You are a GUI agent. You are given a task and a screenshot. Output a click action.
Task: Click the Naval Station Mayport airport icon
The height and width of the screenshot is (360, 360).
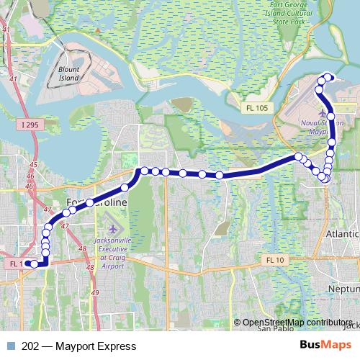tap(318, 113)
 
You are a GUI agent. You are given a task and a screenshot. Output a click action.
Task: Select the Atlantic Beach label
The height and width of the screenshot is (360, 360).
tap(343, 234)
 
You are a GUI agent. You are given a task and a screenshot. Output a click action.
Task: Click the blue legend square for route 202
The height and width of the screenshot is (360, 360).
tap(11, 345)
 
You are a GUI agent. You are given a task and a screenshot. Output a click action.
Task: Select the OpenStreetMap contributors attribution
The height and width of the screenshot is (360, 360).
tap(297, 322)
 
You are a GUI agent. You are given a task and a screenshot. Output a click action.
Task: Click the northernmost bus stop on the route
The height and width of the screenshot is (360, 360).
tap(329, 77)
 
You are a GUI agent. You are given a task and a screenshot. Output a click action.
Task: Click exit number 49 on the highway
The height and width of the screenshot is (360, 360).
tap(96, 293)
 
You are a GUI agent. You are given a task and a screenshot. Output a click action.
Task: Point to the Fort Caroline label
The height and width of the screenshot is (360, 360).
tap(96, 204)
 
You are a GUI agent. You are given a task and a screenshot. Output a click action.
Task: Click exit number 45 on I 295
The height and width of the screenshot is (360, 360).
tap(31, 165)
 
